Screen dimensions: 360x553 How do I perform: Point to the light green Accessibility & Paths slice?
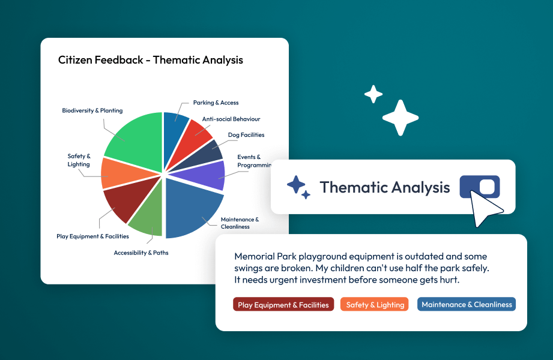[147, 217]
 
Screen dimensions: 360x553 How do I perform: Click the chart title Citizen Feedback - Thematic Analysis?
[151, 60]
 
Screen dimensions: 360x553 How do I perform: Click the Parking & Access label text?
[216, 103]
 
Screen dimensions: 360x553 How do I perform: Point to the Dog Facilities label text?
[246, 135]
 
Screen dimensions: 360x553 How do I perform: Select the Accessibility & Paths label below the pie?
[141, 253]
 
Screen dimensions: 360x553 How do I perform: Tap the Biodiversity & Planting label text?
[92, 110]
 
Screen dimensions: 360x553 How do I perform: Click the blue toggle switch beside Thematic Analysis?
[480, 187]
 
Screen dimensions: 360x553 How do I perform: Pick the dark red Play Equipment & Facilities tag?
[283, 305]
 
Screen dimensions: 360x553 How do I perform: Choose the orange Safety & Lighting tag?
[375, 305]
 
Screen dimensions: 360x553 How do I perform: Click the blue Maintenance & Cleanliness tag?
[467, 305]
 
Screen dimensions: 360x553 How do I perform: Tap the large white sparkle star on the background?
[400, 118]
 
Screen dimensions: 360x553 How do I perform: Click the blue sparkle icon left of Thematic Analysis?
[298, 187]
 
